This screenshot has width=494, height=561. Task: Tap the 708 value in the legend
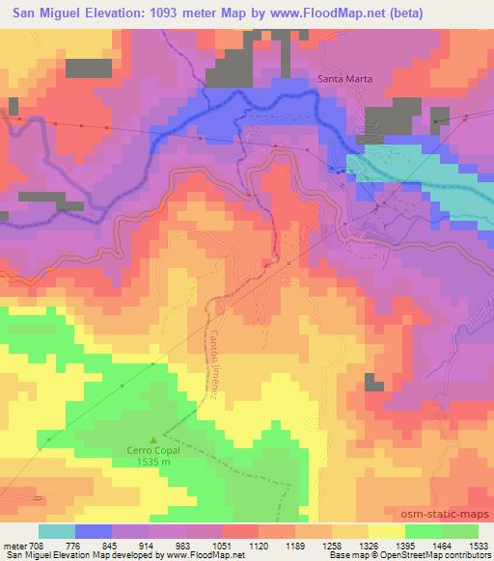pyautogui.click(x=38, y=546)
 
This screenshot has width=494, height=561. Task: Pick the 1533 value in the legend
pyautogui.click(x=478, y=546)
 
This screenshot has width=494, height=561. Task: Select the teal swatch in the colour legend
pyautogui.click(x=58, y=531)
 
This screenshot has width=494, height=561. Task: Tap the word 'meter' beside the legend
pyautogui.click(x=14, y=546)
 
